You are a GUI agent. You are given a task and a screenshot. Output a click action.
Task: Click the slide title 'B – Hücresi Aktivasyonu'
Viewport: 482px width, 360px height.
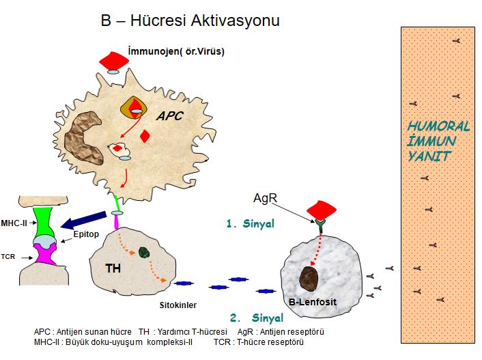pos(190,21)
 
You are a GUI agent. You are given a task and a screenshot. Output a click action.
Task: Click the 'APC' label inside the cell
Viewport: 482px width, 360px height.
pos(170,116)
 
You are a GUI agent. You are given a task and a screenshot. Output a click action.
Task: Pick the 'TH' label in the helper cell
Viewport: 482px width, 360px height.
pos(113,268)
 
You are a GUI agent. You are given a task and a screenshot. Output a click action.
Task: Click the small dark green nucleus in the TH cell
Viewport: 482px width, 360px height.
pos(144,252)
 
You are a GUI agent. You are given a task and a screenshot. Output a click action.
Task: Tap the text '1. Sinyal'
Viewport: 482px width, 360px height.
pos(250,223)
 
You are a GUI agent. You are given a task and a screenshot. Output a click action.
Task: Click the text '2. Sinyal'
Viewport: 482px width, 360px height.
pos(256,318)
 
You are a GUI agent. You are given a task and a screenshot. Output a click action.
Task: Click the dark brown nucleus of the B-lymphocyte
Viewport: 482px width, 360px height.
pos(309,278)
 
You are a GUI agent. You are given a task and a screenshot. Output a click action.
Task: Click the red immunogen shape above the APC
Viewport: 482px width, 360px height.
pos(114,60)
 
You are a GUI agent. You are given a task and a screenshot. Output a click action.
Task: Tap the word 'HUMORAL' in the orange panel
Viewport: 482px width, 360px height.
pos(438,126)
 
